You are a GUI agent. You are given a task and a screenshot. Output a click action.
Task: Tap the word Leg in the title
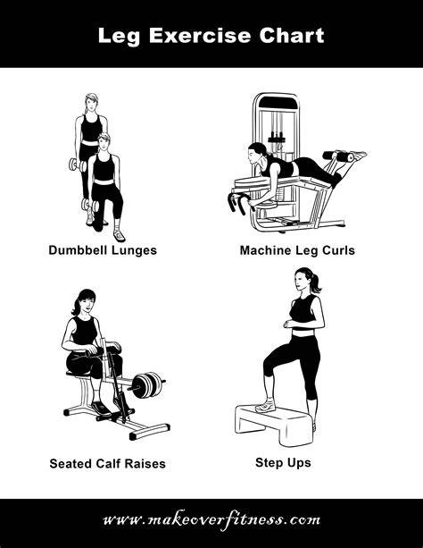click(119, 37)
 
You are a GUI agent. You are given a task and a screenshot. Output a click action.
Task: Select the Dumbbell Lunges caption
click(103, 250)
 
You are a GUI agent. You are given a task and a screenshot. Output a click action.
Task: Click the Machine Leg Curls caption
click(297, 250)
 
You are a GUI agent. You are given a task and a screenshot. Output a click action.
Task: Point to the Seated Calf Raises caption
click(107, 463)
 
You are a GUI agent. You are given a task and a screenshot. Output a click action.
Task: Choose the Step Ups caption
click(283, 463)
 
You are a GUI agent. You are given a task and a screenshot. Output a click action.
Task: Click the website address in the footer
click(211, 520)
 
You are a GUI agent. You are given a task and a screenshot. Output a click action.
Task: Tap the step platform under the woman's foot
click(274, 425)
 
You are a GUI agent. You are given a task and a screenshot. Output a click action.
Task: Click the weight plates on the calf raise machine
click(147, 384)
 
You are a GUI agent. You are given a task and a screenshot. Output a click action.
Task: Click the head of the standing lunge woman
click(91, 103)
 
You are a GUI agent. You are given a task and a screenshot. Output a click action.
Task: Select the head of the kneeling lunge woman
click(104, 142)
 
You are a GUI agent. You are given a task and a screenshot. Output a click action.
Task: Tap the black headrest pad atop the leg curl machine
click(278, 103)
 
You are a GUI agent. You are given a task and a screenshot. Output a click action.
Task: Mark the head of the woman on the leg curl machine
click(256, 152)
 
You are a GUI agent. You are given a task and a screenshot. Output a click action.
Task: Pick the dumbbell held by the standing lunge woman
click(77, 165)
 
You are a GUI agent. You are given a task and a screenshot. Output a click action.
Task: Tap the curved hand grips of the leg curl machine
click(240, 202)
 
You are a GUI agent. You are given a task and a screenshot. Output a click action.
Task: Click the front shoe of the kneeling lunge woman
click(119, 235)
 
